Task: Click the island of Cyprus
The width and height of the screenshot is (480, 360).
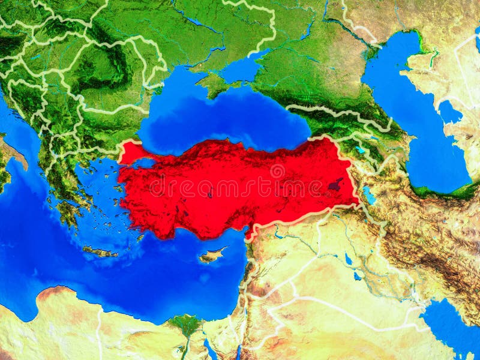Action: coord(211,256)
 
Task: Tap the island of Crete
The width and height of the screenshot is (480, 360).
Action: coord(100,252)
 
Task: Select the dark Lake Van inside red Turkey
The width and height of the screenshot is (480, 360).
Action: coord(335,184)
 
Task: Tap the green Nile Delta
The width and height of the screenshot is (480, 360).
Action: coord(186,325)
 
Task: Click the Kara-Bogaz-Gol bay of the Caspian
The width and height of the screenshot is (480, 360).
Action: coord(449,112)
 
